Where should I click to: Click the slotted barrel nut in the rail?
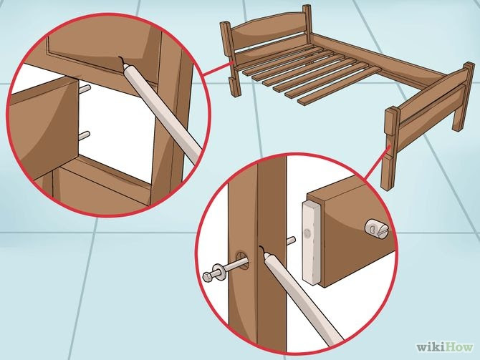tap(378, 229)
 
